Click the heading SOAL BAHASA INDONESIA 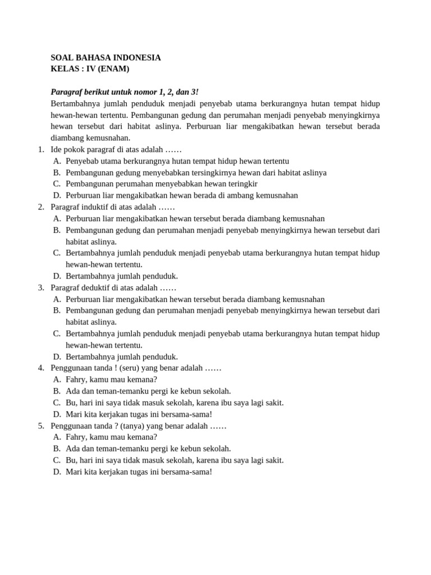106,57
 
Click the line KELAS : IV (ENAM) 90,69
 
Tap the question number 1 41,149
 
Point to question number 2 41,207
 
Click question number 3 41,287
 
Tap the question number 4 41,368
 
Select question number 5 41,426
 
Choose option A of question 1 177,161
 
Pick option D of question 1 181,195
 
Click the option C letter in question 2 57,253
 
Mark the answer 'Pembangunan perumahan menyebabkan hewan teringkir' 161,184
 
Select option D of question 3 121,357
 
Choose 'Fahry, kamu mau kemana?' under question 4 111,380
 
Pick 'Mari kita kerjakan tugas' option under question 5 139,472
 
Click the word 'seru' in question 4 129,368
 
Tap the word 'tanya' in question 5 132,426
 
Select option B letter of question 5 57,449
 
